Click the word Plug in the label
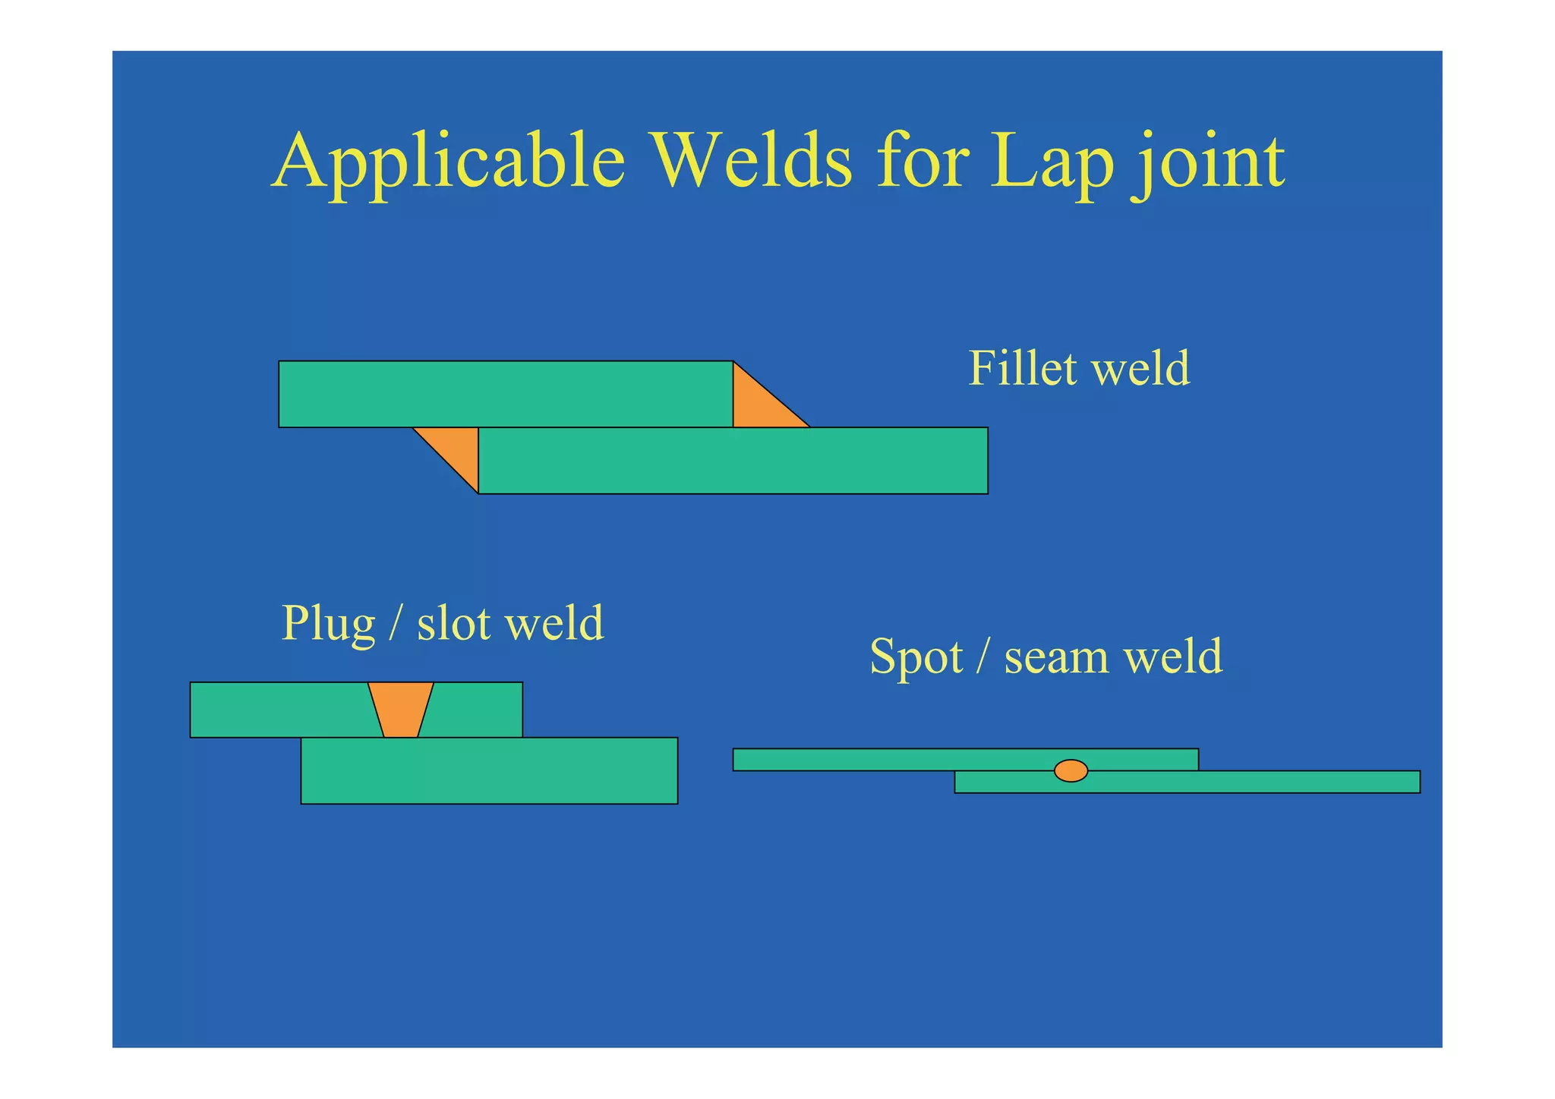click(x=328, y=625)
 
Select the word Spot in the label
click(x=916, y=657)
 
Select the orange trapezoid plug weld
click(x=400, y=710)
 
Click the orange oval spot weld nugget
click(x=1071, y=770)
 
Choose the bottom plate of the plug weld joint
click(x=489, y=770)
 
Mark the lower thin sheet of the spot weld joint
click(x=1253, y=782)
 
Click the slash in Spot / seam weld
click(x=983, y=657)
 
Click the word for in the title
click(x=922, y=161)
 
